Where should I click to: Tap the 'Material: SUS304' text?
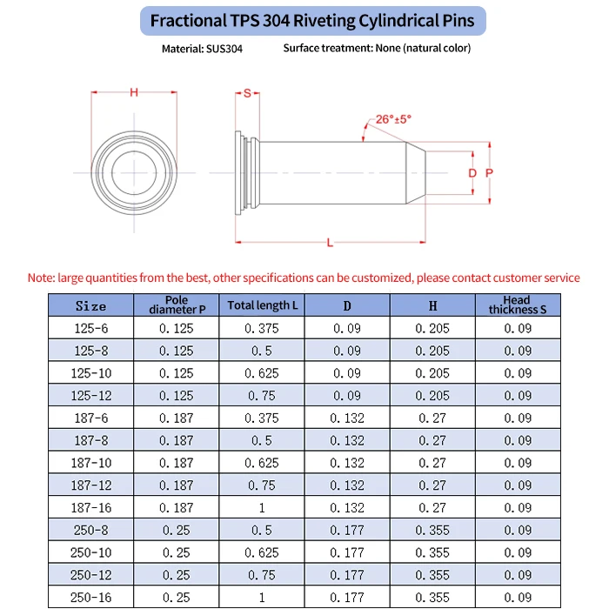point(202,49)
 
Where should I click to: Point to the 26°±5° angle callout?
point(394,119)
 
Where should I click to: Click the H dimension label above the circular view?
point(134,92)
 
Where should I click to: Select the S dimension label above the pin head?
point(247,93)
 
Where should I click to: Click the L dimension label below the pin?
point(330,243)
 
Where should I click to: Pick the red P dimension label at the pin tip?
point(489,173)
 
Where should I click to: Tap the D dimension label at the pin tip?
point(472,173)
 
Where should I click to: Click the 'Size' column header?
point(90,305)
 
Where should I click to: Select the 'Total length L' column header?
point(262,305)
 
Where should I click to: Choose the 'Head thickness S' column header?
point(518,305)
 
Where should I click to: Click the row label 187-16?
point(90,507)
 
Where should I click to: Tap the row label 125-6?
point(90,328)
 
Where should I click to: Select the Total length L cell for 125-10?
point(262,373)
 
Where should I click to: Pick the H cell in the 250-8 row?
point(432,530)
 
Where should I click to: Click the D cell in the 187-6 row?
point(346,418)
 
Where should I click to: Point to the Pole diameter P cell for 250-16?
point(176,597)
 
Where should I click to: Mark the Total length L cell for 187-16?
point(262,507)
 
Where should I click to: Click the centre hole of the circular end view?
point(134,173)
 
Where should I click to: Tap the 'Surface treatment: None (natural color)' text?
point(377,48)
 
